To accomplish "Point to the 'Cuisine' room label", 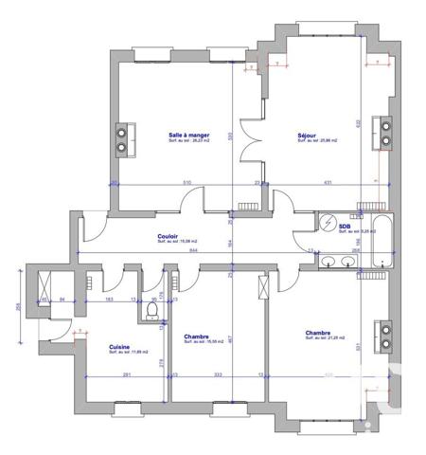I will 120,347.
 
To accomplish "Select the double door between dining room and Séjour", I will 250,138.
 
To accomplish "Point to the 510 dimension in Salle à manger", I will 161,182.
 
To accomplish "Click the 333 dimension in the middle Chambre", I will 219,374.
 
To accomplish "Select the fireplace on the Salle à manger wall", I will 123,139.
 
